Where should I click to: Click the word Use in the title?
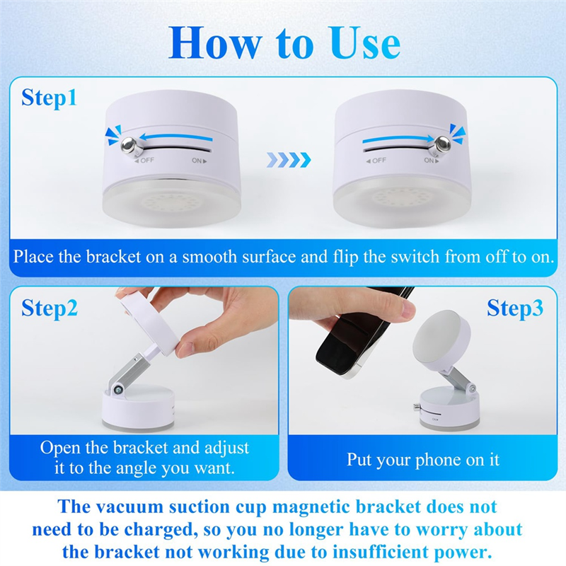(x=365, y=43)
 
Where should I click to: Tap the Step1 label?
(x=49, y=98)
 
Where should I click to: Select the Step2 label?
(x=50, y=308)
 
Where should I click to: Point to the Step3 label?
(x=515, y=308)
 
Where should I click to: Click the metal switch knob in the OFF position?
(x=129, y=145)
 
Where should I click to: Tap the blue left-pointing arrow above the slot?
(x=175, y=137)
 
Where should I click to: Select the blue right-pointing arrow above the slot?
(x=398, y=139)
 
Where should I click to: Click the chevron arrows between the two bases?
(x=289, y=160)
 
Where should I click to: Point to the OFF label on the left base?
(x=144, y=161)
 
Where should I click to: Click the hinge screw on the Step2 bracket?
(x=117, y=389)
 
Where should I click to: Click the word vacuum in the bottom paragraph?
(x=129, y=507)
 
